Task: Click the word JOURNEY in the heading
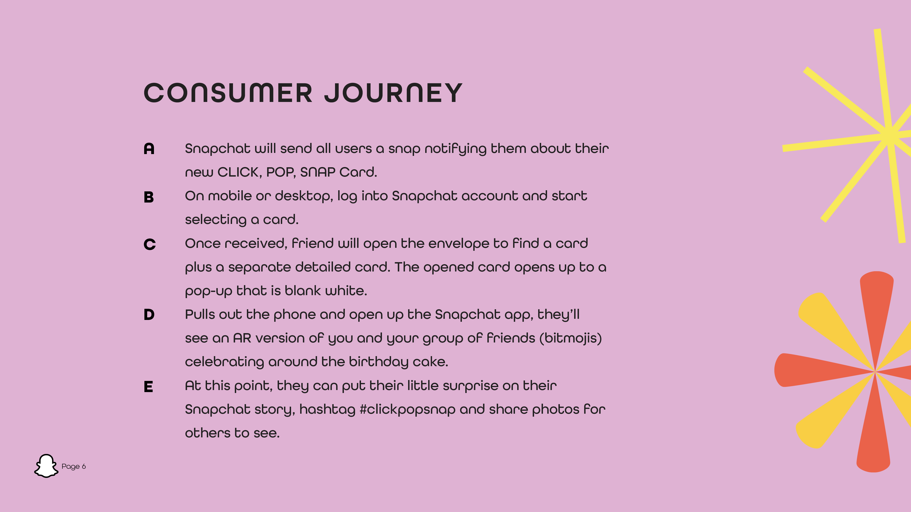[393, 93]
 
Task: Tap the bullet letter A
[149, 149]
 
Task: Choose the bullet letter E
[148, 387]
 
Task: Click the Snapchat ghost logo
[46, 466]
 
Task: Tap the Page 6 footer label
[74, 466]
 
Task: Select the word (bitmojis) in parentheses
[571, 338]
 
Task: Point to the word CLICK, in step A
[239, 172]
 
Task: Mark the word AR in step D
[242, 338]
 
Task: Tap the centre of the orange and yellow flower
[875, 372]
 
